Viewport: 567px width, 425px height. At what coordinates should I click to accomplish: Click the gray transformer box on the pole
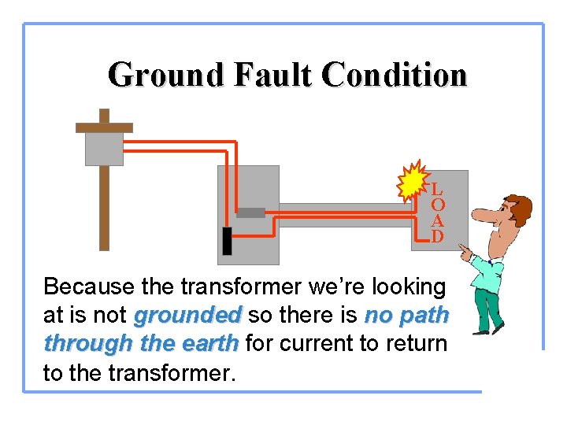pos(104,149)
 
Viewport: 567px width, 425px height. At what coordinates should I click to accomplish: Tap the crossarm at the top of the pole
pos(104,127)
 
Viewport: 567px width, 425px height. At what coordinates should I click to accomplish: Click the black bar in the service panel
pos(227,241)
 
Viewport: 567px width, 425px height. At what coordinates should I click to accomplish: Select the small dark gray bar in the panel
pos(250,213)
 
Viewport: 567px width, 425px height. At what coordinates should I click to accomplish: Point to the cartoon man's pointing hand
pos(465,253)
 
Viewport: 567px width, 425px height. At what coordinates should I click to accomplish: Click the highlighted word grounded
pos(187,316)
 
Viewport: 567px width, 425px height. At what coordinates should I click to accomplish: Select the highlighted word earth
pos(207,344)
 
